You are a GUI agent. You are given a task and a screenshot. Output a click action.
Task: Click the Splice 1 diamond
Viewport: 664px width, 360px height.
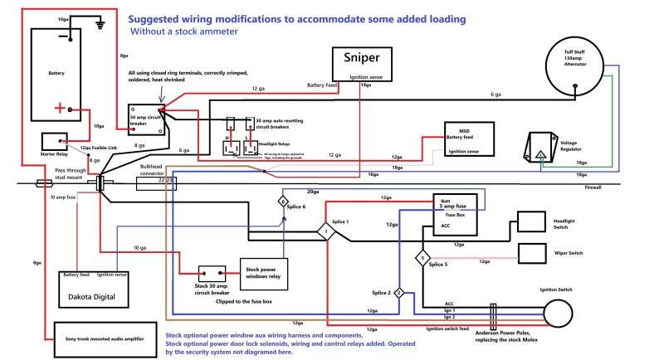click(x=328, y=232)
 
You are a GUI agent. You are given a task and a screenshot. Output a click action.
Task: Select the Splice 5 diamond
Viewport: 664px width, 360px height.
click(x=422, y=258)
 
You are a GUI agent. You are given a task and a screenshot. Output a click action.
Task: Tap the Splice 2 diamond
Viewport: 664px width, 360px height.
click(x=398, y=293)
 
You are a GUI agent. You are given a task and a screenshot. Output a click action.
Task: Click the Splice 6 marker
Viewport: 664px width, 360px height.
click(x=282, y=202)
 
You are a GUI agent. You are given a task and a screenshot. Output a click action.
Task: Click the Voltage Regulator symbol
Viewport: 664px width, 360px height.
click(x=539, y=148)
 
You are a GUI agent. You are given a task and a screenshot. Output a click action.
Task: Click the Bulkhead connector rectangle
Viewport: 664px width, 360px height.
click(x=157, y=181)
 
